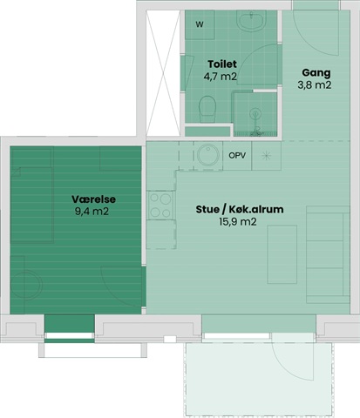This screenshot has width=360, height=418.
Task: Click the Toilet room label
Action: pyautogui.click(x=222, y=64)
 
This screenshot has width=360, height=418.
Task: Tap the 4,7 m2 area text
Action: pyautogui.click(x=221, y=77)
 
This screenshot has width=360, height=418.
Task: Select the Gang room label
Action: pyautogui.click(x=316, y=73)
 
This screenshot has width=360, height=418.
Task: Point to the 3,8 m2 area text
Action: pyautogui.click(x=315, y=85)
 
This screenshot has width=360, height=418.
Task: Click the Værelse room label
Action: pyautogui.click(x=93, y=199)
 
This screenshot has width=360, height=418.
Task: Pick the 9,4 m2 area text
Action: pyautogui.click(x=92, y=212)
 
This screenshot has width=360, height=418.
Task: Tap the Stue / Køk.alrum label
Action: pyautogui.click(x=240, y=209)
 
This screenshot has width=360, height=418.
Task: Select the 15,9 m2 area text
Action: pyautogui.click(x=238, y=222)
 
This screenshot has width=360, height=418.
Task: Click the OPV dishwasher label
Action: pyautogui.click(x=237, y=156)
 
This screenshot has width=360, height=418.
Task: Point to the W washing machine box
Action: pyautogui.click(x=200, y=24)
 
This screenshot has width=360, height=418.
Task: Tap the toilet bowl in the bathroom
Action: pyautogui.click(x=207, y=109)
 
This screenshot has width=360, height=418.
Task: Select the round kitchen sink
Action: pyautogui.click(x=208, y=154)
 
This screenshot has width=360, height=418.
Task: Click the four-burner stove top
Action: pyautogui.click(x=160, y=206)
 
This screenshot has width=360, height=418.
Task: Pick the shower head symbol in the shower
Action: pyautogui.click(x=255, y=113)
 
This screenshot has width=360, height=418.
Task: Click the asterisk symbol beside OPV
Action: pyautogui.click(x=266, y=156)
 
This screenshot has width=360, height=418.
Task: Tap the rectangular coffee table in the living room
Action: pyautogui.click(x=282, y=254)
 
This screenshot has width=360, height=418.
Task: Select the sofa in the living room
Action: pyautogui.click(x=328, y=255)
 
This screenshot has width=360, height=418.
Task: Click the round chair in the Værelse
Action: pyautogui.click(x=27, y=285)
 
